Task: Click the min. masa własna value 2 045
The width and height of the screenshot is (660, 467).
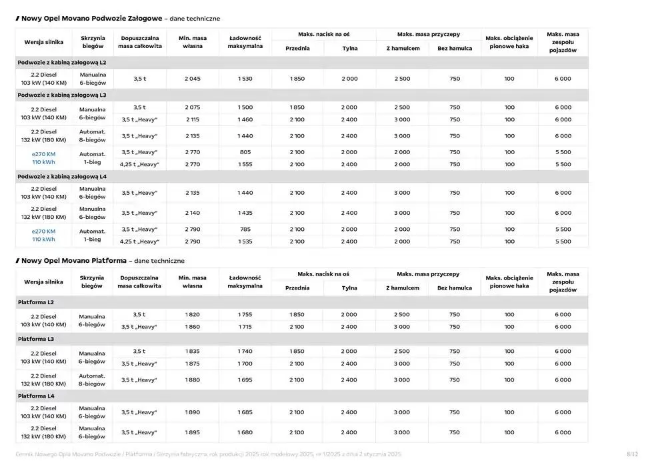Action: pos(192,79)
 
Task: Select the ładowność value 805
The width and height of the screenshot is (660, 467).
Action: pos(245,152)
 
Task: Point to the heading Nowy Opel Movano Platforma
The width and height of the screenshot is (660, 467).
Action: pos(74,261)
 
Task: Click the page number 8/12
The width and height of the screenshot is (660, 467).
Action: pos(632,454)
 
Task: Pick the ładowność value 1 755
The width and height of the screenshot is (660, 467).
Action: pos(245,315)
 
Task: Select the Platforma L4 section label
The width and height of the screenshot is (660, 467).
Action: pos(36,396)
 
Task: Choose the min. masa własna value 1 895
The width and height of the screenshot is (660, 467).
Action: pos(192,432)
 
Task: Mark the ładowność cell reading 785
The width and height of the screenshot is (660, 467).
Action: pos(245,229)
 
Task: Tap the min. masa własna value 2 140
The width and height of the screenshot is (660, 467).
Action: pos(192,213)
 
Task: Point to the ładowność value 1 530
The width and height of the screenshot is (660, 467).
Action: pos(245,79)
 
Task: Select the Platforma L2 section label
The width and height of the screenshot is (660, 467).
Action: pos(36,303)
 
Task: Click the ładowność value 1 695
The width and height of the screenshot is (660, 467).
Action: pos(245,380)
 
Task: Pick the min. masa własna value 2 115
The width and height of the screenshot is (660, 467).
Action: pos(192,120)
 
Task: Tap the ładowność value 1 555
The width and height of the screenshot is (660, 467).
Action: pos(245,165)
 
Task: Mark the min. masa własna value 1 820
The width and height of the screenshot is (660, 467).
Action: pos(192,315)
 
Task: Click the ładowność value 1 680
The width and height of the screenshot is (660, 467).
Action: pos(245,432)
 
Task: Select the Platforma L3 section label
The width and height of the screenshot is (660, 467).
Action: pos(36,340)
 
